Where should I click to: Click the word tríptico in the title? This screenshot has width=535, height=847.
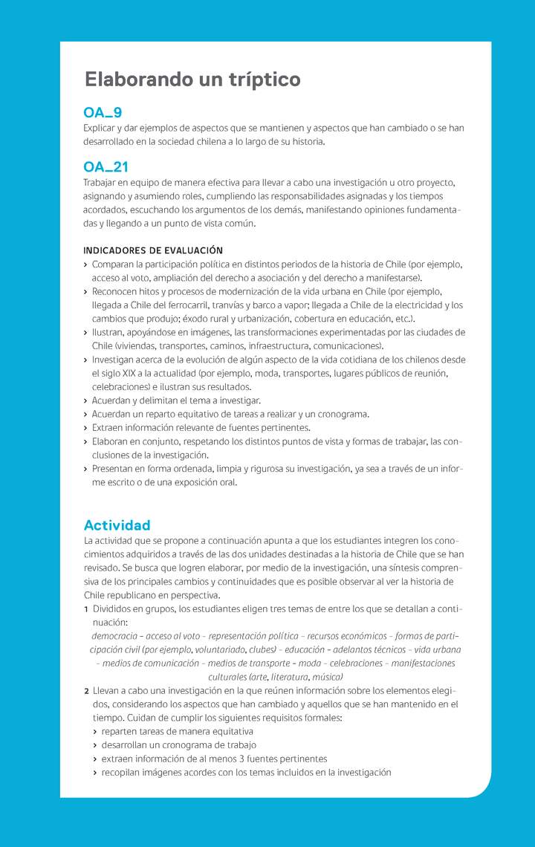[x=263, y=79]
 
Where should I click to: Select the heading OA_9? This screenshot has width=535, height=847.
[x=103, y=113]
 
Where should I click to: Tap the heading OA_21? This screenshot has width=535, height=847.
[x=106, y=167]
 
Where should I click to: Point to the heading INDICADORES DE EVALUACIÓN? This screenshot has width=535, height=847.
[x=153, y=250]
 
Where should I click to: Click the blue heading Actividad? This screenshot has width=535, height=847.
[x=117, y=525]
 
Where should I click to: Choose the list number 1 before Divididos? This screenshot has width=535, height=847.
[x=86, y=609]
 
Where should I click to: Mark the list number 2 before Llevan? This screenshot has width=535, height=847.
[x=86, y=691]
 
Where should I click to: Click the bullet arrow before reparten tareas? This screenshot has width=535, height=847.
[x=94, y=732]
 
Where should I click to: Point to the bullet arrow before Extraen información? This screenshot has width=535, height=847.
[x=85, y=429]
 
